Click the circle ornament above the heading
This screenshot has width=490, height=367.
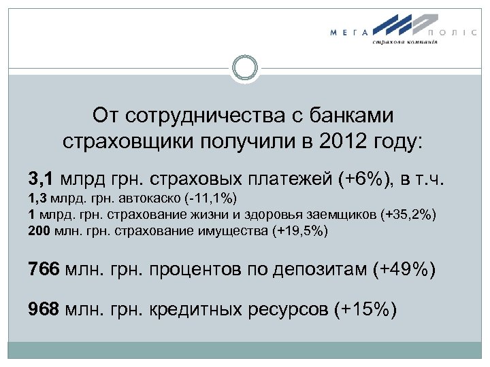click(244, 69)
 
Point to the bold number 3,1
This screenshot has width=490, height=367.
click(43, 179)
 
